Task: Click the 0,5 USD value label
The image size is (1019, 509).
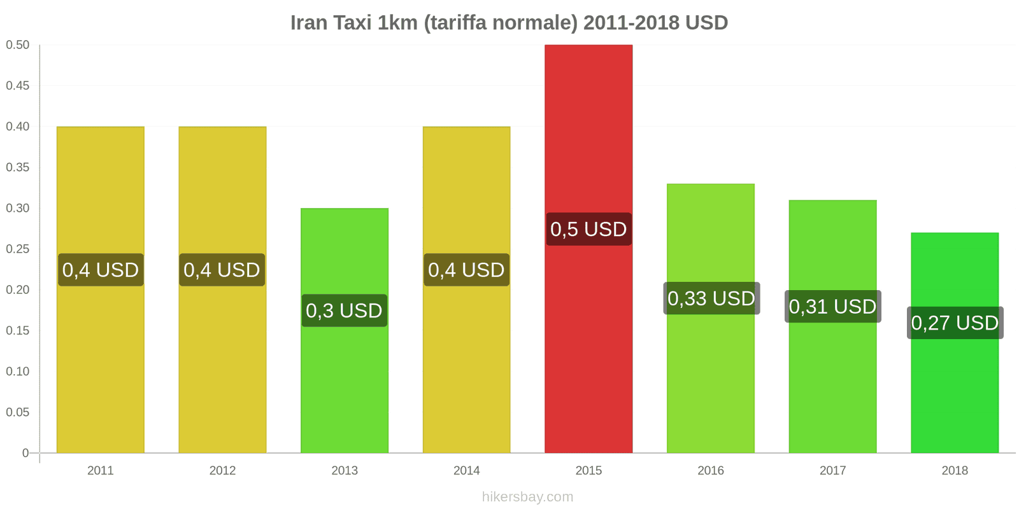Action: pos(588,229)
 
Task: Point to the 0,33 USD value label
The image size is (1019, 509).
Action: pos(711,298)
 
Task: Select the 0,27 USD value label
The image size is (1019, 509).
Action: pos(955,323)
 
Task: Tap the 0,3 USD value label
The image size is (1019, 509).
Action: pos(344,310)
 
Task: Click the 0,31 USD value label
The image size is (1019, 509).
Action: pos(832,307)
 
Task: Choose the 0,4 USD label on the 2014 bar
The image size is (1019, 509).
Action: pos(466,270)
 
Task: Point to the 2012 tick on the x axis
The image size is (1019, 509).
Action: pos(222,471)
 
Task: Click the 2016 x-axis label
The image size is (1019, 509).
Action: pos(711,471)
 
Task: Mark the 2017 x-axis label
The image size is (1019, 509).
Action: pos(832,471)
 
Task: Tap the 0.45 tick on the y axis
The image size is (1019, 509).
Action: pos(18,86)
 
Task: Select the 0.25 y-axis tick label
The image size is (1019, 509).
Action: pos(18,249)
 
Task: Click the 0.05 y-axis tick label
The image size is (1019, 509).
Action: pos(18,412)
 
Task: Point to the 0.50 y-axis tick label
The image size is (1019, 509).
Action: pos(18,45)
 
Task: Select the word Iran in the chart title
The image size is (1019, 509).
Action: pos(309,23)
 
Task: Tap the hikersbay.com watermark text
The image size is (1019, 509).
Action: pos(527,497)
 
